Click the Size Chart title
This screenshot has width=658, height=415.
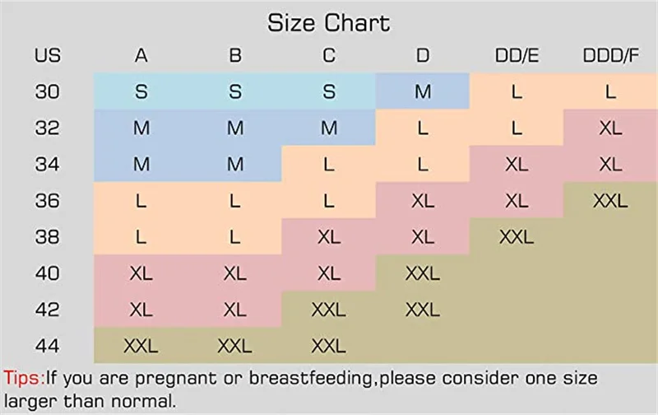pyautogui.click(x=328, y=23)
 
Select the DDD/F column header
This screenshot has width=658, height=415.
pyautogui.click(x=610, y=57)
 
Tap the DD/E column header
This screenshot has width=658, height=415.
pyautogui.click(x=517, y=57)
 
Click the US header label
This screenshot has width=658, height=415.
pyautogui.click(x=47, y=57)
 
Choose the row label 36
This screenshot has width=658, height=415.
pyautogui.click(x=47, y=200)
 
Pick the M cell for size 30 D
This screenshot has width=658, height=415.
pyautogui.click(x=423, y=91)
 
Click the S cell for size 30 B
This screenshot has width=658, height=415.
pyautogui.click(x=235, y=91)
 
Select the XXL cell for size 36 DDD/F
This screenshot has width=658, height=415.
pyautogui.click(x=610, y=200)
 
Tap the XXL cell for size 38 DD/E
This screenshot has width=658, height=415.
pyautogui.click(x=517, y=237)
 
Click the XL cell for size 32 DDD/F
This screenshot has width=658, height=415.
pyautogui.click(x=610, y=128)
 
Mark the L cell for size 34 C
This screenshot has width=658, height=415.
pyautogui.click(x=329, y=164)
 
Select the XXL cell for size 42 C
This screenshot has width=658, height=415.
pyautogui.click(x=329, y=309)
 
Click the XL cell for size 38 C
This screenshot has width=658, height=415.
pyautogui.click(x=329, y=237)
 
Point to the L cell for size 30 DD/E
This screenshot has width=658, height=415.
pyautogui.click(x=517, y=91)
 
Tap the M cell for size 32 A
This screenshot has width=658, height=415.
pyautogui.click(x=141, y=128)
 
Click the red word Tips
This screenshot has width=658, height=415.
pyautogui.click(x=22, y=380)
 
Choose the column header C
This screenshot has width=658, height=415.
pyautogui.click(x=329, y=57)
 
